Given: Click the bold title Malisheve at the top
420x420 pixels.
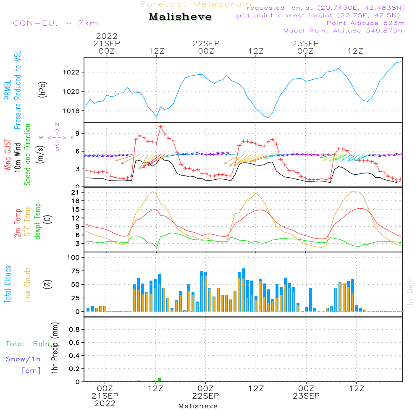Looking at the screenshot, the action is [x=180, y=17].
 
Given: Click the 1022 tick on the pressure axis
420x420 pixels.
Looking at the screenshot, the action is [x=71, y=72].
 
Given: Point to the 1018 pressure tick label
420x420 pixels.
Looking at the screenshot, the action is [x=71, y=110].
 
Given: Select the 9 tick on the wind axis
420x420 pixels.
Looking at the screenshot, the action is [x=78, y=134].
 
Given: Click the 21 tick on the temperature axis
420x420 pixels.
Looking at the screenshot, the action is [x=75, y=192].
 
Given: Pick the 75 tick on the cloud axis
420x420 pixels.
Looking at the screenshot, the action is [x=75, y=271].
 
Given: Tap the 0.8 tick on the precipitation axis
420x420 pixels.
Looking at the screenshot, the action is [x=74, y=329].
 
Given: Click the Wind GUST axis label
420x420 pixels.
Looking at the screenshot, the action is [x=8, y=155].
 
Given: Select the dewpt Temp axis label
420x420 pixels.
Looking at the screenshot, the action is [x=37, y=221].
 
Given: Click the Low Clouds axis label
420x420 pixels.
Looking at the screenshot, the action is [x=28, y=284].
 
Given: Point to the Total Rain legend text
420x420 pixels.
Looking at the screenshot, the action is [x=28, y=344].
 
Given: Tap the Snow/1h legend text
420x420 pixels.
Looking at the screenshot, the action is [x=23, y=359].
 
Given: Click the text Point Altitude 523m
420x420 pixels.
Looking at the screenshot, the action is [x=366, y=23].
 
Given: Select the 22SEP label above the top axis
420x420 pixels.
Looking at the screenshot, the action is [x=206, y=43].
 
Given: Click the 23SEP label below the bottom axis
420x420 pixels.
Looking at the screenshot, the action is [x=306, y=396].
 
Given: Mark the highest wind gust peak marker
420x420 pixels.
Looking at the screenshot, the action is [x=160, y=127].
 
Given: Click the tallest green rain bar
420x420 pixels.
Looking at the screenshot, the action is [x=159, y=380].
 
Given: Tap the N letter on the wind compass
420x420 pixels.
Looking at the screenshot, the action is [x=57, y=124].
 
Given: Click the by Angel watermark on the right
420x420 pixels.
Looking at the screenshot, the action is [x=410, y=291].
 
